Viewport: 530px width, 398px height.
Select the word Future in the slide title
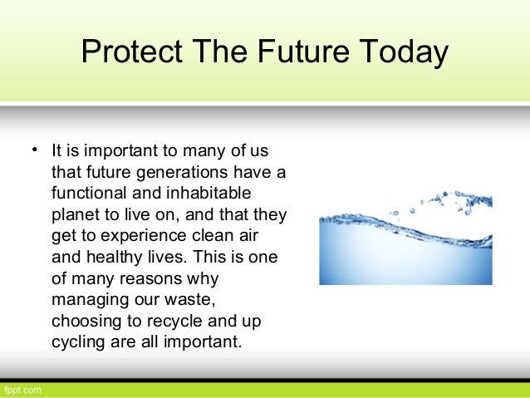pos(285,53)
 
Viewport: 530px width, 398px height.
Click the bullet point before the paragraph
pos(36,151)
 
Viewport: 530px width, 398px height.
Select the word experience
pos(140,236)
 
